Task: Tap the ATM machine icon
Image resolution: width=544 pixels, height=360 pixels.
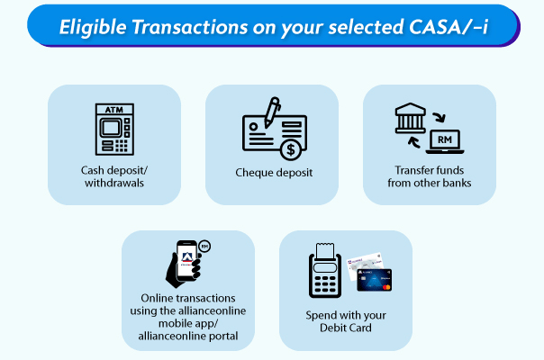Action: (114, 130)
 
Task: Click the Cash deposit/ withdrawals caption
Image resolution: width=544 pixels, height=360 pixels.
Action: (114, 177)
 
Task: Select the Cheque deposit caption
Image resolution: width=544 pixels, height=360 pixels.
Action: (274, 172)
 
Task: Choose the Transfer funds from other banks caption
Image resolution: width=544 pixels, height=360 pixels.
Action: (430, 177)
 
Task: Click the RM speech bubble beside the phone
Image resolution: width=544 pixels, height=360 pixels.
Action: (204, 246)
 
